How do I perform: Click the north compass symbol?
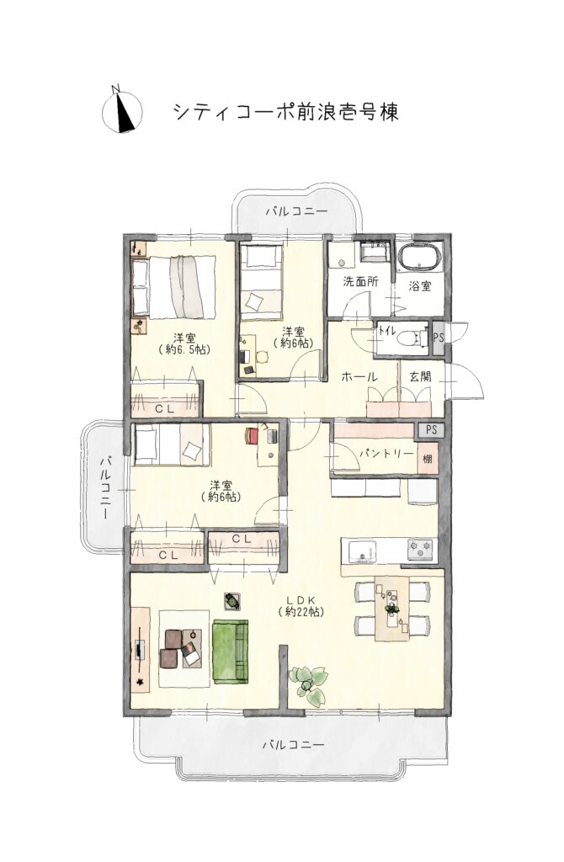click(x=122, y=112)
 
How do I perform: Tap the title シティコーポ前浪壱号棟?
click(x=286, y=112)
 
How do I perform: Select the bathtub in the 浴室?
click(x=419, y=258)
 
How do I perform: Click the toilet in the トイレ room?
click(x=410, y=336)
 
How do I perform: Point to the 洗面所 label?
click(x=360, y=282)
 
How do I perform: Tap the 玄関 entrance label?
click(x=420, y=376)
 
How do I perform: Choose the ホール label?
click(x=359, y=377)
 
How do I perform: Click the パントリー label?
click(x=386, y=454)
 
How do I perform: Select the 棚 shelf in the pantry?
click(x=428, y=457)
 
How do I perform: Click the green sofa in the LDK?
click(x=231, y=652)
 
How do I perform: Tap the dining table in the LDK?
click(x=392, y=608)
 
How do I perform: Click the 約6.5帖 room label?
click(x=184, y=343)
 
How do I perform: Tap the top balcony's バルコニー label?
click(x=295, y=211)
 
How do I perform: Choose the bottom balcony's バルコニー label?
click(x=293, y=746)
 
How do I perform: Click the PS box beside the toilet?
click(x=438, y=337)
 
